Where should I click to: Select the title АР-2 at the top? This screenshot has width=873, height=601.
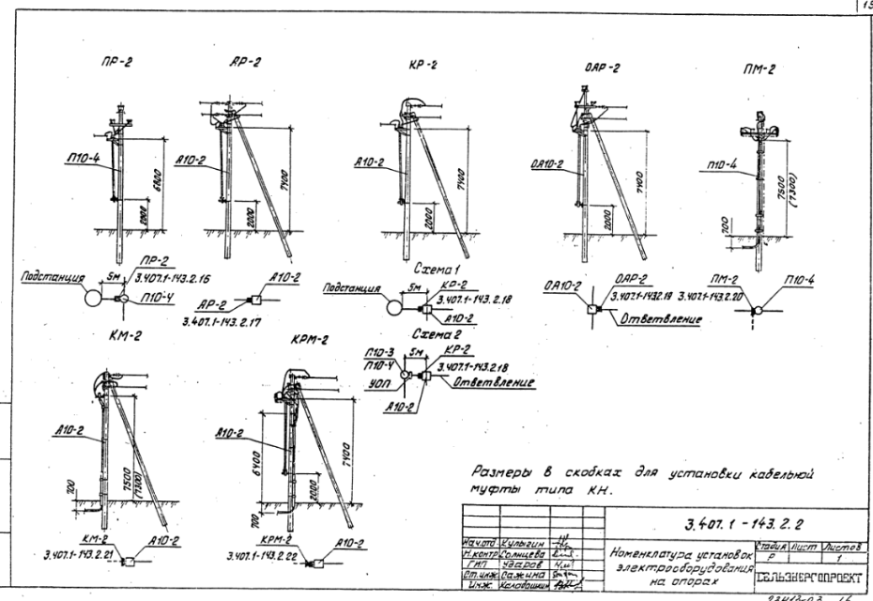point(245,62)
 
